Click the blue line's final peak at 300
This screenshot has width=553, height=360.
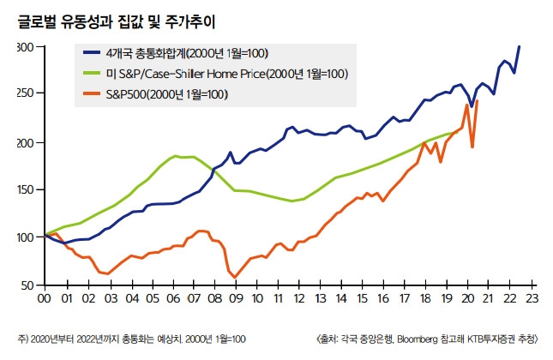click(x=519, y=47)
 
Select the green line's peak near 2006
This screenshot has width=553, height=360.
click(x=176, y=156)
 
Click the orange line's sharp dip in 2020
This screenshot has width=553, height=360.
click(x=472, y=147)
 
